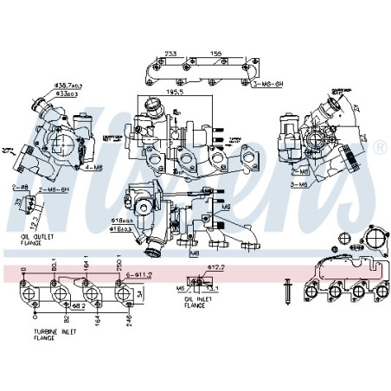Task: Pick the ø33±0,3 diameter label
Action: point(66,94)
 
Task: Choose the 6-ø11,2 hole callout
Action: point(140,274)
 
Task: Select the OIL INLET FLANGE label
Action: point(199,303)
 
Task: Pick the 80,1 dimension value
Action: point(54,263)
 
